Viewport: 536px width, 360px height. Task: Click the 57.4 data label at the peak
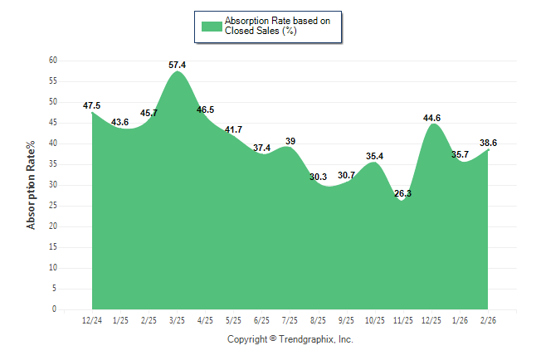point(177,64)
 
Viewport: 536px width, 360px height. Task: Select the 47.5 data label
point(92,105)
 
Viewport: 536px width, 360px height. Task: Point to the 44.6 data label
point(432,118)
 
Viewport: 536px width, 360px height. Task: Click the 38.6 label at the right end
point(489,143)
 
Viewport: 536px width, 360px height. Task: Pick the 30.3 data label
point(318,177)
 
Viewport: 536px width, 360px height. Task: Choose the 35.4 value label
point(375,156)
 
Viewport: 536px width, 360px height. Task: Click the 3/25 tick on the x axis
point(177,320)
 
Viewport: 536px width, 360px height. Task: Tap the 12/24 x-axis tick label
point(92,320)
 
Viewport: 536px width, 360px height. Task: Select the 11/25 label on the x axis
point(403,320)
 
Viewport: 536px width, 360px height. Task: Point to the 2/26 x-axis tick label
point(489,320)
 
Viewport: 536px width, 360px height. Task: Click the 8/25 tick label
point(319,320)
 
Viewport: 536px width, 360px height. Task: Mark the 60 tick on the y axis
point(52,61)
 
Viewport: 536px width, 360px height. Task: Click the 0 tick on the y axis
point(54,309)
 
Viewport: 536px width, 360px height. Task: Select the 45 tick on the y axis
point(52,123)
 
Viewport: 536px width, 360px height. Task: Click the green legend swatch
point(212,26)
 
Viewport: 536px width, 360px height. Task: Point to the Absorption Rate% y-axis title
point(32,185)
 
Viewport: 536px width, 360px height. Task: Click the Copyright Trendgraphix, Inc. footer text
point(290,339)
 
